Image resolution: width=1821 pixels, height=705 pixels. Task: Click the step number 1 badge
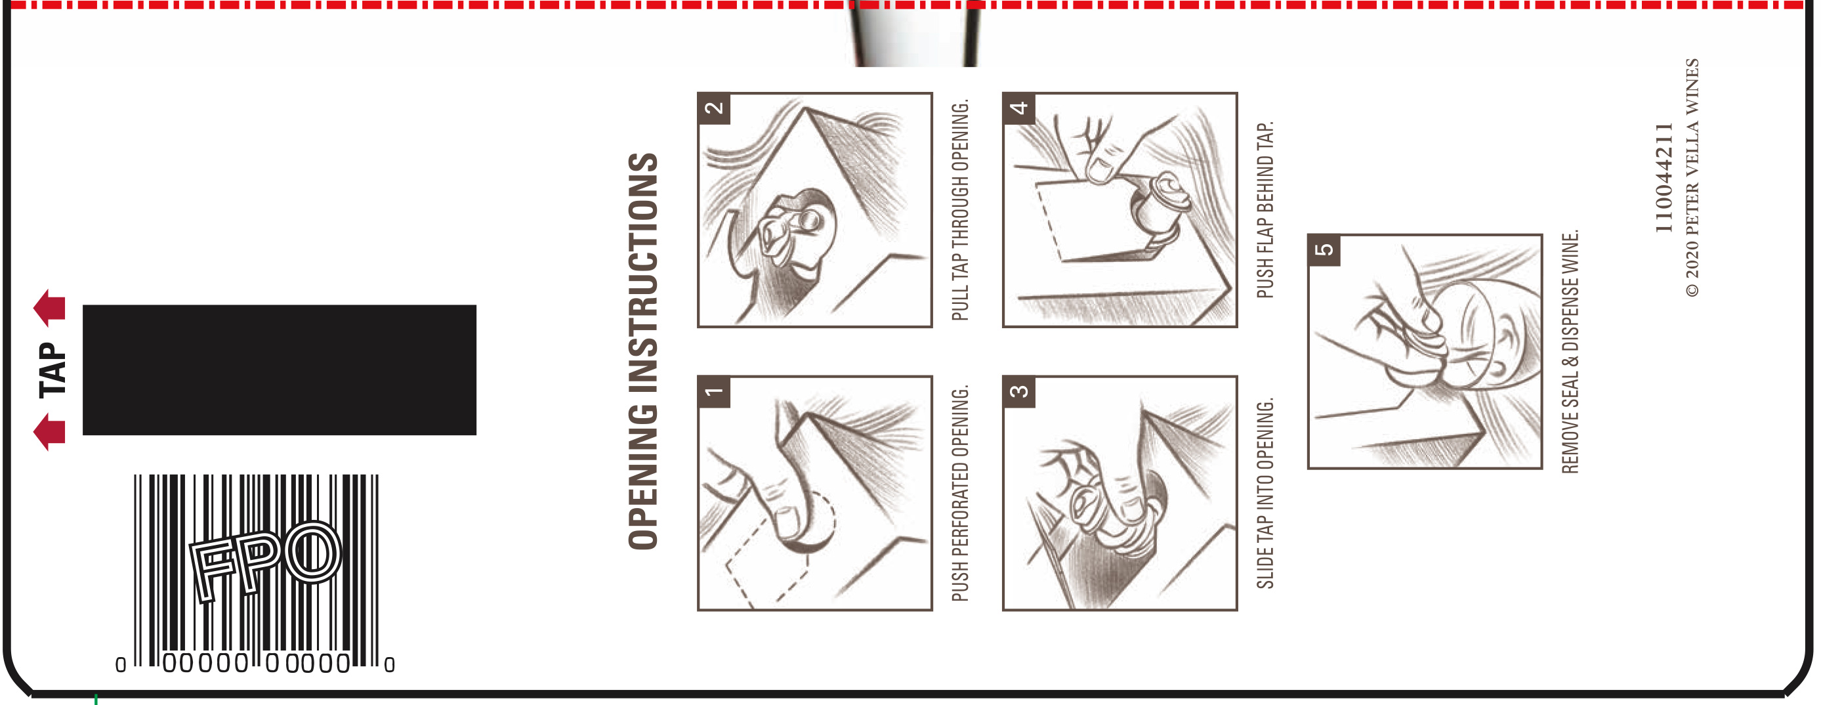tap(714, 392)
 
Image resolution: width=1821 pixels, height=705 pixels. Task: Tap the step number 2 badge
tap(714, 108)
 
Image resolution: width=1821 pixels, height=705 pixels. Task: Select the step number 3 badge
tap(1018, 392)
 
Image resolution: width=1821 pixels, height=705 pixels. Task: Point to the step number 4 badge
tap(1018, 108)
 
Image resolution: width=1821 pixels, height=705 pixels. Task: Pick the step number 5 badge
tap(1324, 249)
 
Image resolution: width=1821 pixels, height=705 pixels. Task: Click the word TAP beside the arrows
tap(52, 370)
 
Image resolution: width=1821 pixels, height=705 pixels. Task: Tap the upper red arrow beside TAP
tap(49, 308)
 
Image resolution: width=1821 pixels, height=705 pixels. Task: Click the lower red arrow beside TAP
tap(49, 432)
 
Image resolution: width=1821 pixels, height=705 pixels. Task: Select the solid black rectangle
tap(280, 370)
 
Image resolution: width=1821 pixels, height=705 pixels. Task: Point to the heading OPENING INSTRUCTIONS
tap(643, 351)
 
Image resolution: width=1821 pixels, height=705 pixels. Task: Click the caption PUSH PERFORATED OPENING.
tap(960, 494)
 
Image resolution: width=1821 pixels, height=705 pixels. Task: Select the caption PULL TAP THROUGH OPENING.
tap(960, 210)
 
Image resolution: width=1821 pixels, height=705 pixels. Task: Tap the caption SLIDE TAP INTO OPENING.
tap(1265, 494)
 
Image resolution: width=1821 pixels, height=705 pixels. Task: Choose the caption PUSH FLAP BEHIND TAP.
tap(1265, 210)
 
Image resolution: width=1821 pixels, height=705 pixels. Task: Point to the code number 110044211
tap(1664, 178)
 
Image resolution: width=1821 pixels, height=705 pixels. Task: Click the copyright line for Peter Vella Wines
tap(1692, 177)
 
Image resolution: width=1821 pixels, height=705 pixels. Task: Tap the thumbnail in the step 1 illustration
tap(789, 522)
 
